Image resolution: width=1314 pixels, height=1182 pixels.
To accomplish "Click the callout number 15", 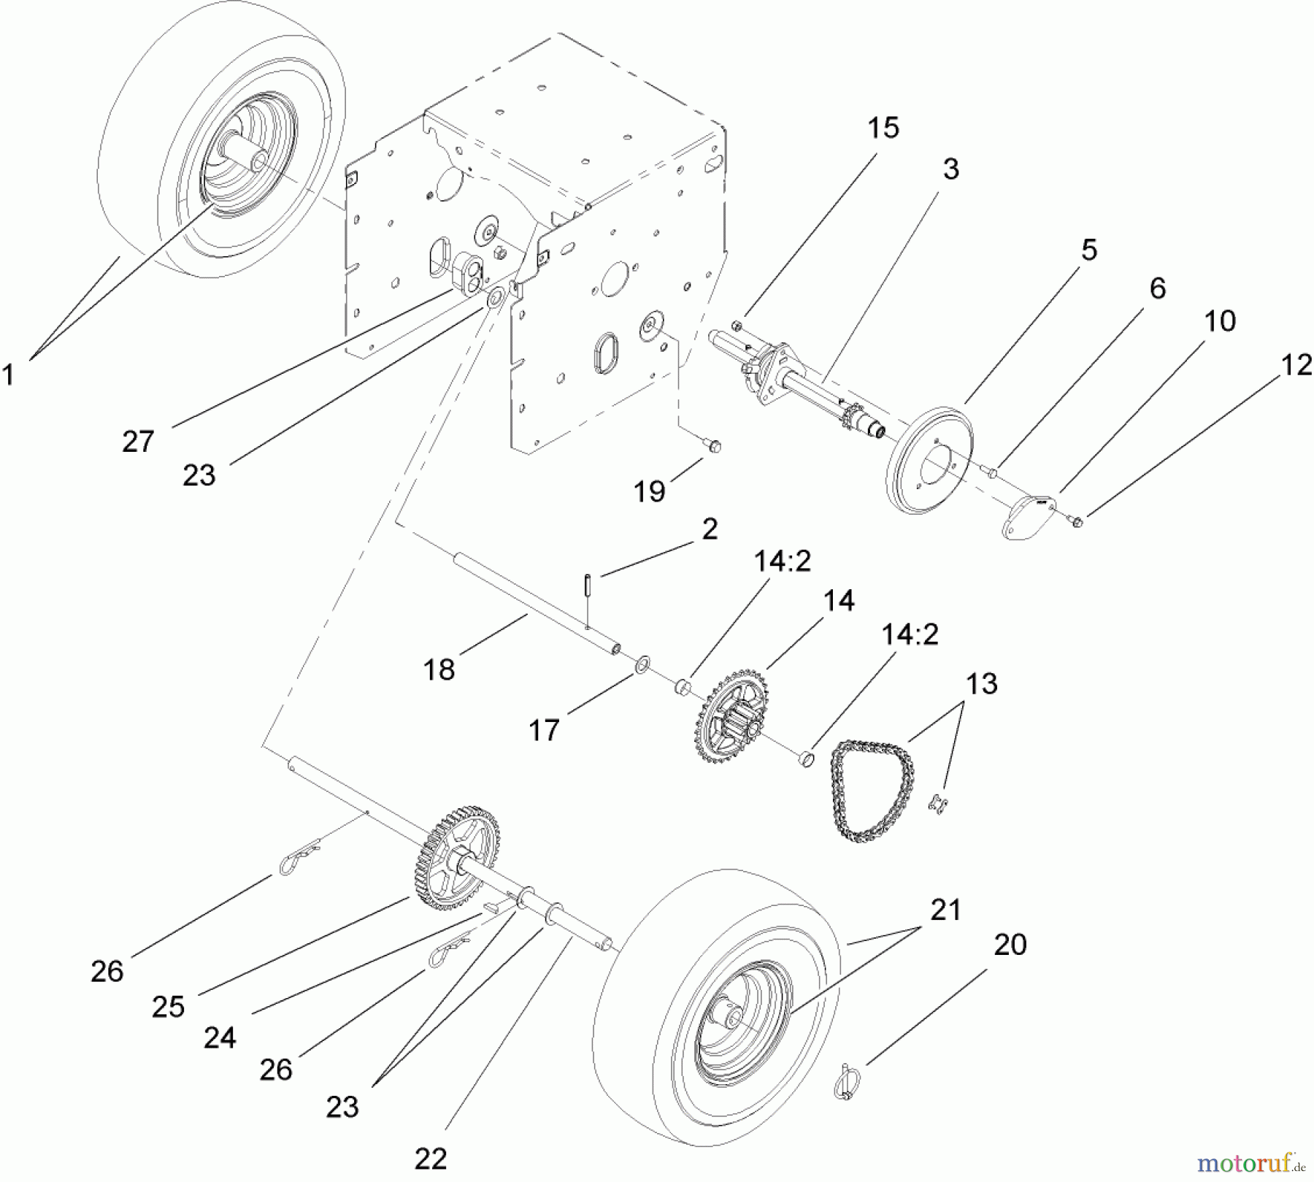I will (883, 128).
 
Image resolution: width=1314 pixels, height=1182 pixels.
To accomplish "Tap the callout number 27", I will (138, 442).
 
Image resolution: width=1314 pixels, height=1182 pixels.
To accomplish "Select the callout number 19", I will (649, 491).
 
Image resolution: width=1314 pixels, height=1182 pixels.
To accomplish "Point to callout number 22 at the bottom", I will (430, 1159).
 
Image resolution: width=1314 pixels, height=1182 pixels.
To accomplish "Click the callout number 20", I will (1010, 945).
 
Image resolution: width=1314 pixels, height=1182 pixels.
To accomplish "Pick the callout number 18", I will (439, 669).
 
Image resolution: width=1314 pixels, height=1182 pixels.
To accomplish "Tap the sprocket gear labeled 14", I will (730, 719).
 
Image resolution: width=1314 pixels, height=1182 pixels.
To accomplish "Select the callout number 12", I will (1296, 365).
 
